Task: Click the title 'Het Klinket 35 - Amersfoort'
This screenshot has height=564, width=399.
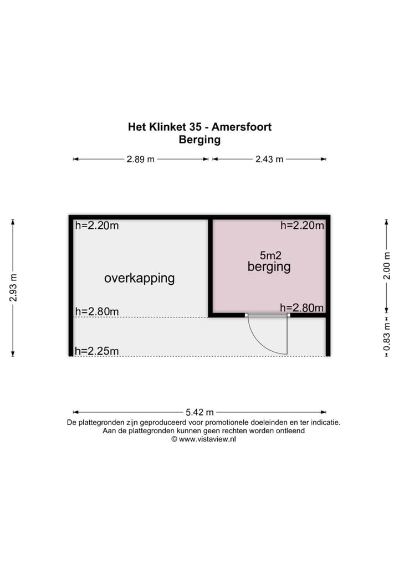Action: pos(199,127)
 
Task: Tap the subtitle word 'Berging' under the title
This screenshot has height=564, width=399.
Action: pos(199,140)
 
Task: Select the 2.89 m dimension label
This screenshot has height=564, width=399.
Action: pos(141,159)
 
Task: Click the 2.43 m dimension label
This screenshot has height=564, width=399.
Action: pos(269,159)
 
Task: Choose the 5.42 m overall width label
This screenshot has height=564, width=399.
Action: pos(199,412)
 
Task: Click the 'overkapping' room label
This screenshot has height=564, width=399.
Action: pos(139,278)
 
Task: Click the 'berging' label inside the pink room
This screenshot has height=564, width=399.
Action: pos(269,267)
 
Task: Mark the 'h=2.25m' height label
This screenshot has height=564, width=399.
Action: pos(96,351)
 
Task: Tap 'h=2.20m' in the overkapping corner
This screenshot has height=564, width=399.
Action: pos(96,225)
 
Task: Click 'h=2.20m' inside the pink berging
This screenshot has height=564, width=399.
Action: pos(302,225)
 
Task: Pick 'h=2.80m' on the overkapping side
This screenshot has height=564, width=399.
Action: pos(96,311)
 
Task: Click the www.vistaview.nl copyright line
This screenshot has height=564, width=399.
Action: pos(204,439)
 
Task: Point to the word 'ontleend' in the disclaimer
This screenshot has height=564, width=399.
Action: pos(290,430)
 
